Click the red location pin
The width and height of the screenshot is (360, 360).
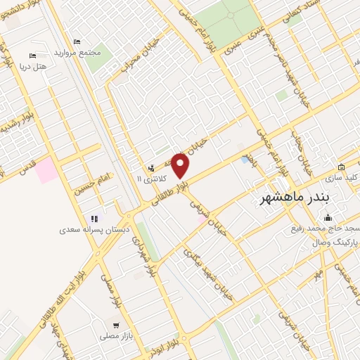click(181, 166)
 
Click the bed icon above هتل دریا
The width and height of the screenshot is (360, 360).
click(32, 56)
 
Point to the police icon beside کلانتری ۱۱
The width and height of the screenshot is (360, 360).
click(151, 168)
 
